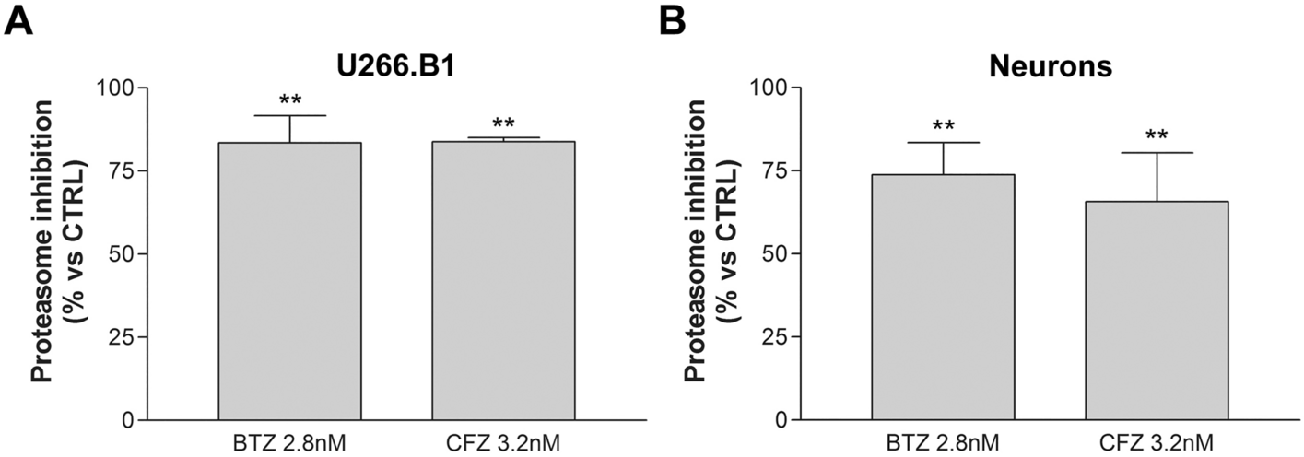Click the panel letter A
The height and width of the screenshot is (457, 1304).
[x=19, y=19]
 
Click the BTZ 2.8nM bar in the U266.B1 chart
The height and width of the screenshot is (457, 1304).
[x=289, y=281]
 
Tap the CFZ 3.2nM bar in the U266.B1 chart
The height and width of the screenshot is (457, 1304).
[x=503, y=281]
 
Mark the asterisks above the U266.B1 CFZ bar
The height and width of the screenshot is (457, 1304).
[x=503, y=123]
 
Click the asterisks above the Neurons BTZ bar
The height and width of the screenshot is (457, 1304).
[x=943, y=126]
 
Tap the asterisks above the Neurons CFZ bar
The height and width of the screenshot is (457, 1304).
[x=1157, y=136]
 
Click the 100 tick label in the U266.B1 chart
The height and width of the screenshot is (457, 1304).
[x=117, y=88]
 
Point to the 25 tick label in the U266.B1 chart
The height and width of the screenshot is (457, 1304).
[x=123, y=337]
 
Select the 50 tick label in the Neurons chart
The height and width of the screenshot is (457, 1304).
[x=776, y=253]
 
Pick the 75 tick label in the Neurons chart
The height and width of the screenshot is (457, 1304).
[x=776, y=170]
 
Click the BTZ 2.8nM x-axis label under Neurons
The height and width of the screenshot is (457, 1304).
[x=943, y=443]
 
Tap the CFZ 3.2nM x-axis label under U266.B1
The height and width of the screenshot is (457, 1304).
[x=503, y=443]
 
